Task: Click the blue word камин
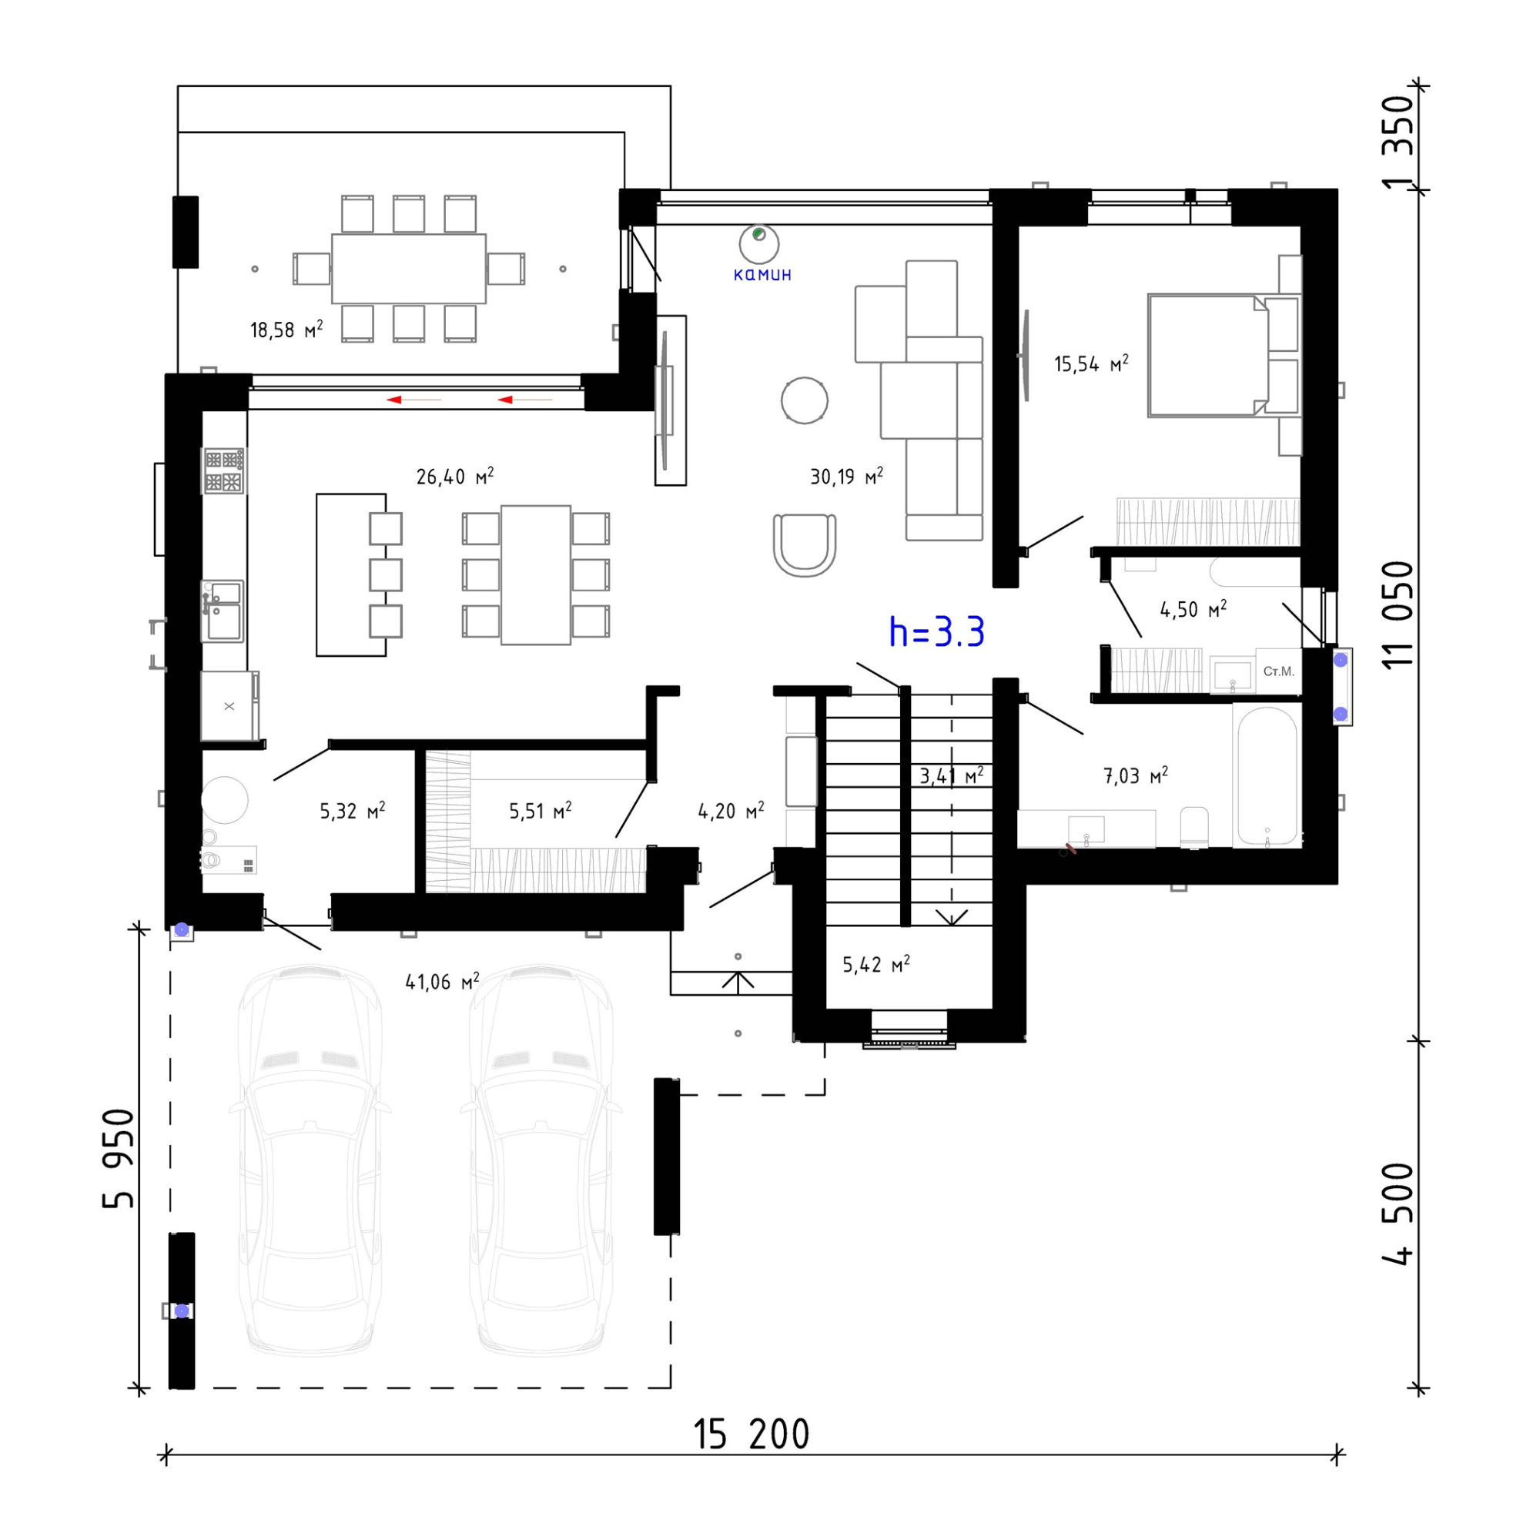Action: [762, 275]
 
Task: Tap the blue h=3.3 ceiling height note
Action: [936, 632]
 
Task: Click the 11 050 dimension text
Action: [1398, 614]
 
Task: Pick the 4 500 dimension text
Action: [1398, 1214]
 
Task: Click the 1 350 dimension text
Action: [1398, 142]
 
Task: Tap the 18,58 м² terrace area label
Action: [286, 330]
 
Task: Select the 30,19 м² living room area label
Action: [846, 476]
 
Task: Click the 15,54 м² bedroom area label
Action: [1091, 363]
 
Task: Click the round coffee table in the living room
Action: [805, 400]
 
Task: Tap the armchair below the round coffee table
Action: [805, 545]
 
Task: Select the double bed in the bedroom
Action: [1207, 356]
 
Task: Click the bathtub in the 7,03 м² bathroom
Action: [1267, 775]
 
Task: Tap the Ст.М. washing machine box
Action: [1278, 671]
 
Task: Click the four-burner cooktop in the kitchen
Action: [223, 470]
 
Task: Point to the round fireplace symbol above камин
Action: [759, 244]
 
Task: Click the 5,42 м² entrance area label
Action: [876, 964]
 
